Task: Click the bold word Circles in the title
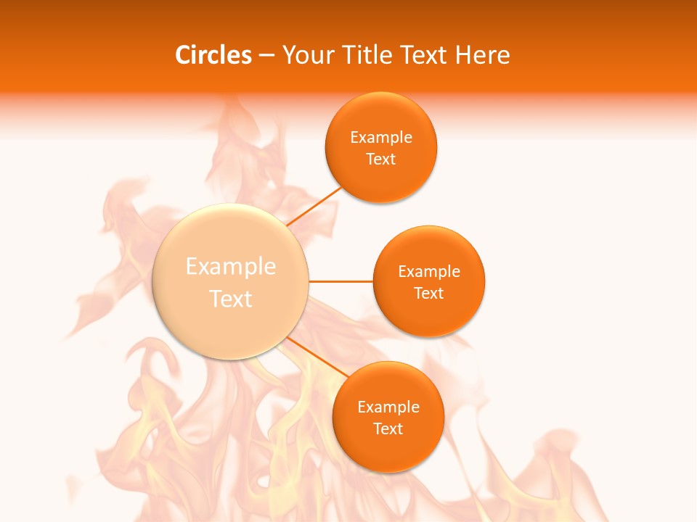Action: click(x=213, y=55)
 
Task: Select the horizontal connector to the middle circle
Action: click(x=341, y=281)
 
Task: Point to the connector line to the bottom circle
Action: click(x=318, y=357)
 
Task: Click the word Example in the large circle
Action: click(x=231, y=267)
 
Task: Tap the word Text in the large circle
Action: click(x=231, y=299)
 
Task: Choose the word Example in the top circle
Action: click(x=381, y=138)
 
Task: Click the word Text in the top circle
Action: click(x=381, y=159)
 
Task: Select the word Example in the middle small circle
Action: click(x=429, y=272)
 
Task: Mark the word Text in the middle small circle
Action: click(x=429, y=293)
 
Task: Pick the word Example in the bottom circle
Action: click(x=388, y=407)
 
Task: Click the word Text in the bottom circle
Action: click(x=388, y=428)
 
